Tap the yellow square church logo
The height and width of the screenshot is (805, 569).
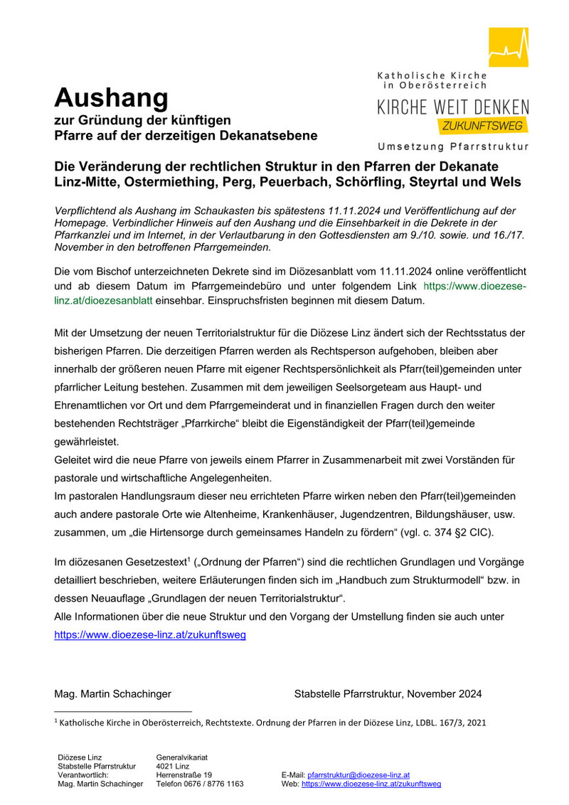click(508, 47)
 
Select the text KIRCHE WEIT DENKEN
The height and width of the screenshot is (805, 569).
click(452, 107)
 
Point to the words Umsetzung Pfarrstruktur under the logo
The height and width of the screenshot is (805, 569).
click(453, 146)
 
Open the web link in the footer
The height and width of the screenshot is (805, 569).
click(371, 784)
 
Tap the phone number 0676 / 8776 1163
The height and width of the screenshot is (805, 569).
click(211, 784)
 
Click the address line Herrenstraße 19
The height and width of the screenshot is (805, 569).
click(184, 774)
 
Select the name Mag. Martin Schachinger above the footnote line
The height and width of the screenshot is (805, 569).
click(112, 693)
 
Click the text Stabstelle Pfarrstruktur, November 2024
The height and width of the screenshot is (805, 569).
click(388, 693)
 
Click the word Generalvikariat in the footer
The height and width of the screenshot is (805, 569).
click(181, 757)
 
